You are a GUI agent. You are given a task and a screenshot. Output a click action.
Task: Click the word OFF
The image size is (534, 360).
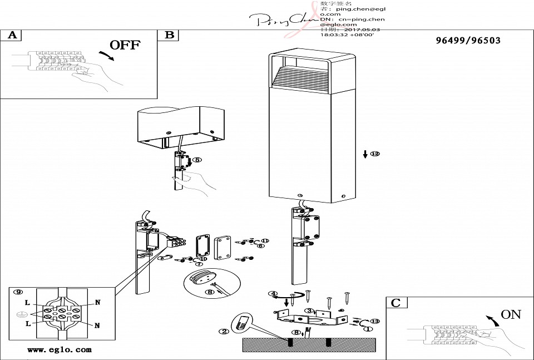point(125,45)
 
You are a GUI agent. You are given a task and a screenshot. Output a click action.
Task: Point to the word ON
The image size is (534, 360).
point(511,314)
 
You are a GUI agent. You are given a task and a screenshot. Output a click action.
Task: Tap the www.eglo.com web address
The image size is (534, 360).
point(60,350)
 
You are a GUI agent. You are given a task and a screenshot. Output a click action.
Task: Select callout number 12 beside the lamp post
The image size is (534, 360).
point(375,154)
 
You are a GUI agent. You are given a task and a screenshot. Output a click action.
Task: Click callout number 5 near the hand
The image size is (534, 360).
point(197,160)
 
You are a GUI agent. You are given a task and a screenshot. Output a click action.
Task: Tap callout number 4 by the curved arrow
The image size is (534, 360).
point(273,294)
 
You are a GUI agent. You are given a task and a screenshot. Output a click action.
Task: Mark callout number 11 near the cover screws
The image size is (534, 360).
point(265,241)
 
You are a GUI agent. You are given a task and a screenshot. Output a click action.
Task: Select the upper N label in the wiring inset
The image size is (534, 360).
point(97,303)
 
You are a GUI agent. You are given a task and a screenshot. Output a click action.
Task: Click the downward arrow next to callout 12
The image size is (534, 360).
point(365,154)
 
